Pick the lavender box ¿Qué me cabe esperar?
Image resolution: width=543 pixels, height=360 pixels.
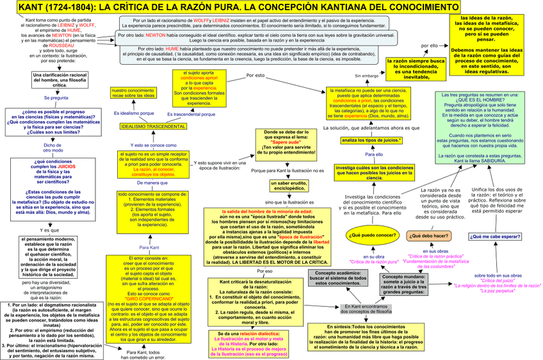pos(495,236)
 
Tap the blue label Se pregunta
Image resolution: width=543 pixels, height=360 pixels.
pos(56,98)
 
